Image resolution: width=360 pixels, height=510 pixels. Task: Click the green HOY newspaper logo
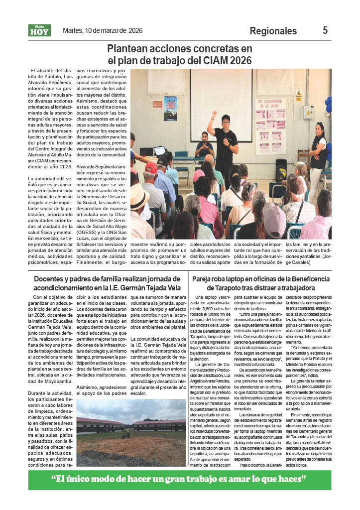[39, 31]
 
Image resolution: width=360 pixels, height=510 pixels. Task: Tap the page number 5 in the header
[325, 30]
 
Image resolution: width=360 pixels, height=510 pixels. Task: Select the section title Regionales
[273, 31]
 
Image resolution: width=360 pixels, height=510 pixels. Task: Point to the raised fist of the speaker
[215, 114]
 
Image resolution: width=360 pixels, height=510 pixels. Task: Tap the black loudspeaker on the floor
[281, 170]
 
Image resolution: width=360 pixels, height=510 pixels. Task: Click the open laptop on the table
[159, 150]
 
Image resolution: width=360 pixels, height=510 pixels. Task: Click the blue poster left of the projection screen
[170, 108]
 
